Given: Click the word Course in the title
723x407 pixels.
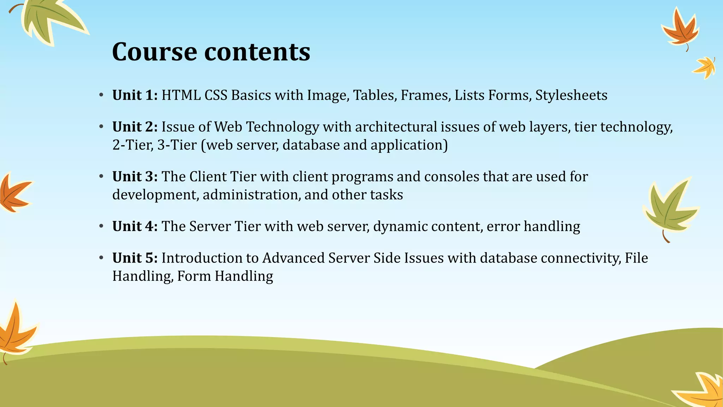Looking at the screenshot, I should tap(155, 52).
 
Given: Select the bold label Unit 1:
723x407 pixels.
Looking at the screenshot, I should tap(135, 95).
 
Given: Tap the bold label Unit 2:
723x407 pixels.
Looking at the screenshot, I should tap(135, 127).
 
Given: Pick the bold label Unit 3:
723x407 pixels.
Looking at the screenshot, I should tap(135, 177).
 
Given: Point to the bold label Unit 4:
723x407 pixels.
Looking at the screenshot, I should tap(135, 226).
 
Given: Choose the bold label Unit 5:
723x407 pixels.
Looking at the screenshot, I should tap(135, 258).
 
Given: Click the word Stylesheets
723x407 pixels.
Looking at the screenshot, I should tap(571, 95).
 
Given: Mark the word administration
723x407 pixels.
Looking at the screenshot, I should tap(251, 195).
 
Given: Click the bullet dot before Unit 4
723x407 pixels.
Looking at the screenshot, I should tap(101, 226).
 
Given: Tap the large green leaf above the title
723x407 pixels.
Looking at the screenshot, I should tap(49, 19).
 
